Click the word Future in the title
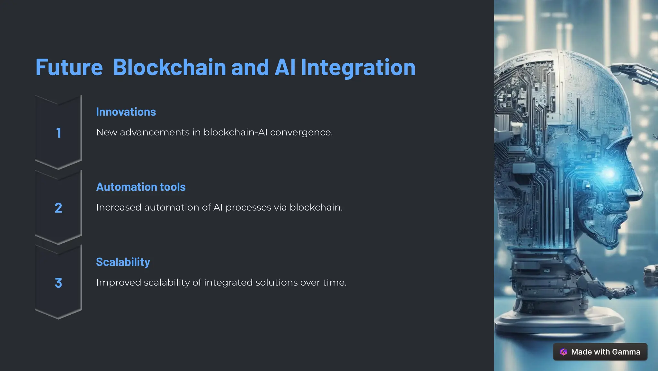point(69,68)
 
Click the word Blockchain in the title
point(169,68)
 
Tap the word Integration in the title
point(358,68)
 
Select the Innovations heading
point(126,112)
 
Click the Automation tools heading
point(141,187)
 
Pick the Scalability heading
point(123,262)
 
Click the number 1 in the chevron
point(58,133)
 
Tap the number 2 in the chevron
point(58,208)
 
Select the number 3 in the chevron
point(58,283)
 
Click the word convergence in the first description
point(301,132)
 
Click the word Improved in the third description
point(118,283)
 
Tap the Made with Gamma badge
point(600,352)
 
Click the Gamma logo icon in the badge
point(564,352)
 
